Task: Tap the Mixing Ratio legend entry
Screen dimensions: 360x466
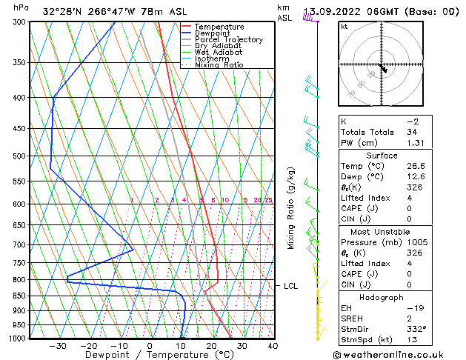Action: click(x=219, y=65)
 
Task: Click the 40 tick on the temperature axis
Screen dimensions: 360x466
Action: click(x=272, y=346)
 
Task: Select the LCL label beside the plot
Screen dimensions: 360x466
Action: click(x=291, y=286)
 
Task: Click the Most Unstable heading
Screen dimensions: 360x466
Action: click(x=382, y=232)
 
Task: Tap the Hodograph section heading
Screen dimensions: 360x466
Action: click(x=382, y=297)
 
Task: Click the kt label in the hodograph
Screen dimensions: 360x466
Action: click(x=344, y=27)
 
